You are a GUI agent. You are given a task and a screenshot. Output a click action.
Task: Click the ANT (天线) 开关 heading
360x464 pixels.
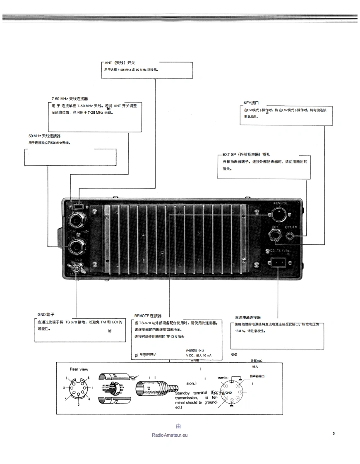click(117, 63)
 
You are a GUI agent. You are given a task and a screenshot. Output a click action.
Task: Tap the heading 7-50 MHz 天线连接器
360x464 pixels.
click(70, 99)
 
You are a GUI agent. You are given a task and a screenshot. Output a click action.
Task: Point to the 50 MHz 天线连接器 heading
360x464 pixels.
click(43, 136)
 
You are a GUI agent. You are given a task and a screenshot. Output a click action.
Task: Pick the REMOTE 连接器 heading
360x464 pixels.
click(148, 316)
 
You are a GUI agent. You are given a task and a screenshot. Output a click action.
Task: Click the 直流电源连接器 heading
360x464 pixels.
click(248, 318)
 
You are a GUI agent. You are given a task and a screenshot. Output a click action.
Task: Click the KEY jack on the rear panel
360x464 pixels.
click(275, 237)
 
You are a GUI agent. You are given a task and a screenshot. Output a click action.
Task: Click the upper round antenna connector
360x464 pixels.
click(77, 220)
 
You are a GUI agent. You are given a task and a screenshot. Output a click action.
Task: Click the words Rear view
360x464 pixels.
click(79, 369)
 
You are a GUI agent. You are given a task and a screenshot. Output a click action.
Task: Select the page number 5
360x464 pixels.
click(334, 433)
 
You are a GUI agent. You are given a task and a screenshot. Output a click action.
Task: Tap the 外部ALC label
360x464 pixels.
click(257, 361)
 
